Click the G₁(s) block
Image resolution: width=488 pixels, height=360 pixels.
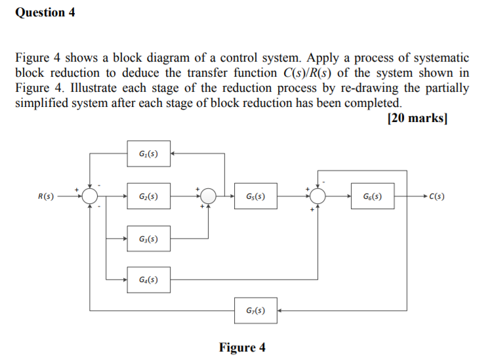[x=148, y=153]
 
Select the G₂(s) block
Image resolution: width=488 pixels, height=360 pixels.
[x=148, y=196]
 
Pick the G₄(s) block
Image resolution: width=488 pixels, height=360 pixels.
[x=148, y=280]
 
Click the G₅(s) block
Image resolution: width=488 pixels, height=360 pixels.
[x=255, y=196]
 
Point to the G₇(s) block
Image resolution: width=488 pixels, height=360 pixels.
[x=255, y=310]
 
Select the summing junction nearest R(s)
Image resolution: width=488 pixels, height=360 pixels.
[x=91, y=196]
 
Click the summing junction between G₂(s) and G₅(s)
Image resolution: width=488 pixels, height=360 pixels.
[x=209, y=196]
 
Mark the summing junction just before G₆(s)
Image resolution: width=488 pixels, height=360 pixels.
[x=319, y=196]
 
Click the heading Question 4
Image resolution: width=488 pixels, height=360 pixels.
[x=41, y=12]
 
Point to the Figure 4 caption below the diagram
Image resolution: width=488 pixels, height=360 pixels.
[x=243, y=347]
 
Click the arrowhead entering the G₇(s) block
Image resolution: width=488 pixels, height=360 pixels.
[x=279, y=310]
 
